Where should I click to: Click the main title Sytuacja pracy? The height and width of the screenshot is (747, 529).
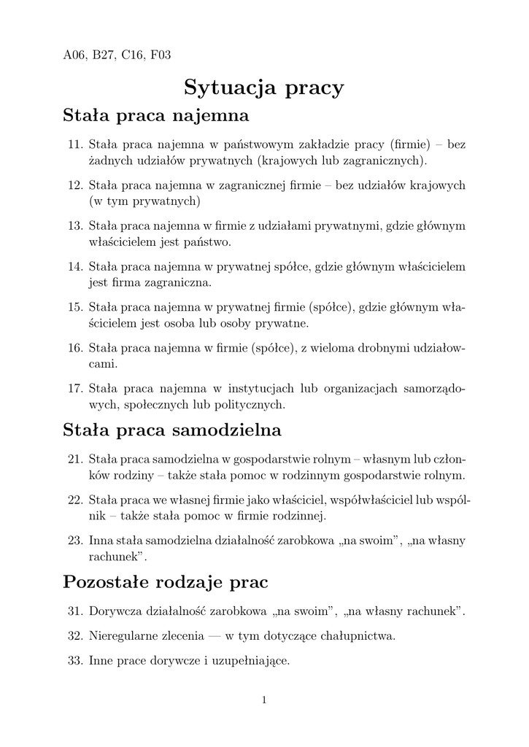pyautogui.click(x=263, y=88)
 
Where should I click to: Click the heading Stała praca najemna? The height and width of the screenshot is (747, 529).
pyautogui.click(x=156, y=115)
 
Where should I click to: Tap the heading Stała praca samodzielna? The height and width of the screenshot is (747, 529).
pyautogui.click(x=172, y=430)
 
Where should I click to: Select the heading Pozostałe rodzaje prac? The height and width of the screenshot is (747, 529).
pyautogui.click(x=166, y=582)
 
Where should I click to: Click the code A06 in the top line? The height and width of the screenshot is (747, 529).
pyautogui.click(x=74, y=55)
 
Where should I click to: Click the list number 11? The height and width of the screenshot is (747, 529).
pyautogui.click(x=74, y=145)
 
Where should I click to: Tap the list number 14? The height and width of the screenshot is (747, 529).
pyautogui.click(x=74, y=267)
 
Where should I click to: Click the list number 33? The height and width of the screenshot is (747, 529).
pyautogui.click(x=74, y=662)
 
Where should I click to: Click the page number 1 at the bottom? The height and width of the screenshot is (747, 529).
pyautogui.click(x=264, y=701)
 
